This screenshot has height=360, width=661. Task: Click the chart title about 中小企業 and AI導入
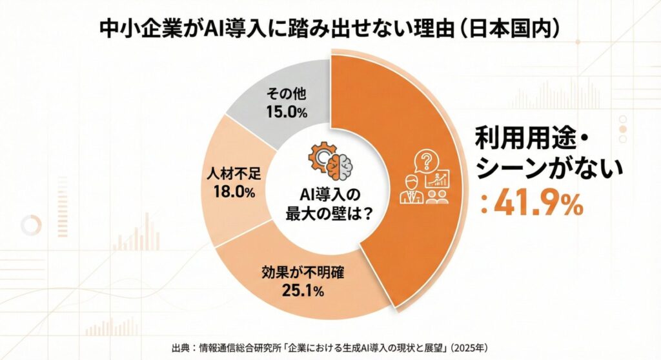[x=330, y=29]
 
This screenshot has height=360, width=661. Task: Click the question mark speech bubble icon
[x=425, y=161]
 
